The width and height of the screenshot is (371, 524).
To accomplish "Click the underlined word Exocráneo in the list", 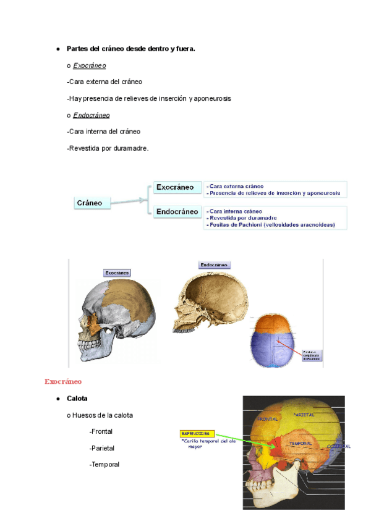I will (90, 65).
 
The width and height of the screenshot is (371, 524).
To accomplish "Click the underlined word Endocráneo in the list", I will (92, 115).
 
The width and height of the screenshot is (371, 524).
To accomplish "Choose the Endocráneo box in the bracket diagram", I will (178, 212).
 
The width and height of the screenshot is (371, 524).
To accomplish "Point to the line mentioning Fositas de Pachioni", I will (271, 225).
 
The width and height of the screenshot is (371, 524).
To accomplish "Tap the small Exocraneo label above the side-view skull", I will (117, 273).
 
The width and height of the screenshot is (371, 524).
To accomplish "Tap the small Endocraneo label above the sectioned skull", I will (214, 264).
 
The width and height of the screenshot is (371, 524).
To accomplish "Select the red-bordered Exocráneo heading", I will (63, 381).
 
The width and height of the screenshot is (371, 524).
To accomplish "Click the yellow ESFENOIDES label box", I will (197, 433).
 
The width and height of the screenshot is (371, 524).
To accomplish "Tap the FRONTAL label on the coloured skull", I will (268, 419).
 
